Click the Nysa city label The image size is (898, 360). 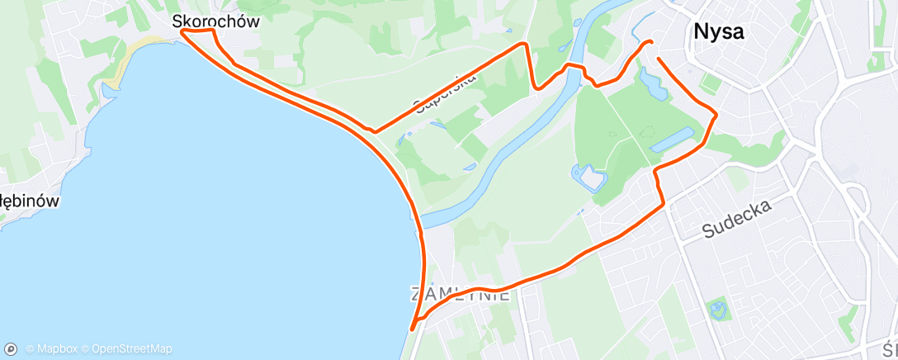tap(718, 32)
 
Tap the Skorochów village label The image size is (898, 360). tap(216, 22)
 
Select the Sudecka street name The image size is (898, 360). tap(738, 219)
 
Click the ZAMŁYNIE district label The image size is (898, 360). tap(460, 294)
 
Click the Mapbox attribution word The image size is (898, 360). tap(56, 349)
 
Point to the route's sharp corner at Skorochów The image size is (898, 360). tap(182, 31)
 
